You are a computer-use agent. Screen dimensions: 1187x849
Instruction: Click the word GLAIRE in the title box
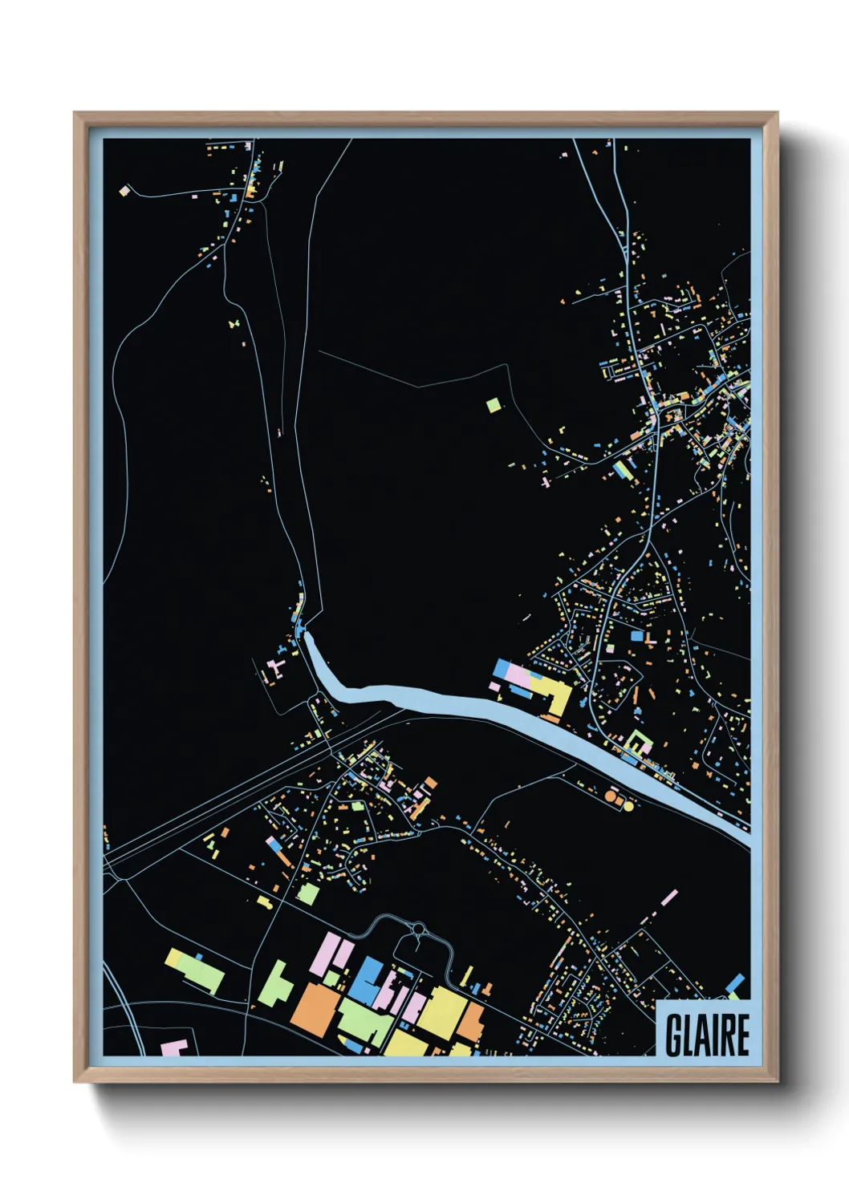[707, 1035]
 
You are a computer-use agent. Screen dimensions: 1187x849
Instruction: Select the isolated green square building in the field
[494, 405]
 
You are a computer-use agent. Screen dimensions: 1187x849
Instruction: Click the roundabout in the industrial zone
[418, 929]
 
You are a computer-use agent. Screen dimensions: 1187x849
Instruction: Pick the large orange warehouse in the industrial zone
[314, 1007]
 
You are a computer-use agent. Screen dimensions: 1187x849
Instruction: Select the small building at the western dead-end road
[124, 191]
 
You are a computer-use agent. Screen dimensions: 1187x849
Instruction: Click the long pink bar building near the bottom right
[668, 897]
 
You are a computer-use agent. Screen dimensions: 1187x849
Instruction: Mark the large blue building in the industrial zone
[368, 980]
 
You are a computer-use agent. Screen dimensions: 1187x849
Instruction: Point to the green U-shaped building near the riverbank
[637, 742]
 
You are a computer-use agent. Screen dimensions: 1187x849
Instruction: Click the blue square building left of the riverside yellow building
[502, 668]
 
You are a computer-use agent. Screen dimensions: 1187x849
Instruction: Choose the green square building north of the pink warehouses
[308, 893]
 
